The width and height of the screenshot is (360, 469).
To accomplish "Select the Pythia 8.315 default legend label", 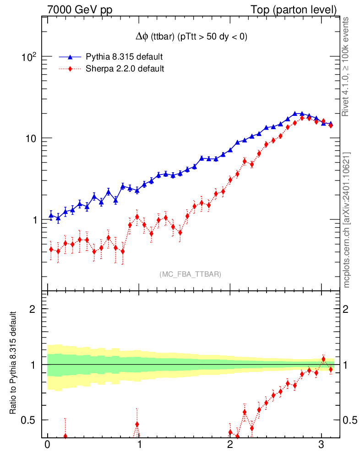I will (x=124, y=57).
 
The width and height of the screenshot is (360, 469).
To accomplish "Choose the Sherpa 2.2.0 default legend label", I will (x=125, y=69).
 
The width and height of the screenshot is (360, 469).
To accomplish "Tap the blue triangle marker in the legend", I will (x=70, y=57).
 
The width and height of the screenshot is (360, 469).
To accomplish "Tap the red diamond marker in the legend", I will (x=70, y=69).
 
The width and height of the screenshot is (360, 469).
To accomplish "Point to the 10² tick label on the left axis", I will (x=29, y=57).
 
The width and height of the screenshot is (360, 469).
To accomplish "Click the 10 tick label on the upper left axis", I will (x=31, y=138).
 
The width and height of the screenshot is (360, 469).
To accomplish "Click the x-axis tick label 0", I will (x=47, y=446).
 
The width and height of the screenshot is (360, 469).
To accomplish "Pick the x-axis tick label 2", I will (x=230, y=446).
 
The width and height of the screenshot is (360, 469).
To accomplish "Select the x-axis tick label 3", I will (x=322, y=446).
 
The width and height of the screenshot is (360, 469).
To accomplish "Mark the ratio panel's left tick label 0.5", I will (x=29, y=420).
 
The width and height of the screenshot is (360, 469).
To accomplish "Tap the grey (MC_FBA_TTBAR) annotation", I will (x=191, y=274).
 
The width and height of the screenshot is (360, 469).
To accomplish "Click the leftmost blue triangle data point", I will (x=51, y=215).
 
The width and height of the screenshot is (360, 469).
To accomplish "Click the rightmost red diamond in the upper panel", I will (x=331, y=125).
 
